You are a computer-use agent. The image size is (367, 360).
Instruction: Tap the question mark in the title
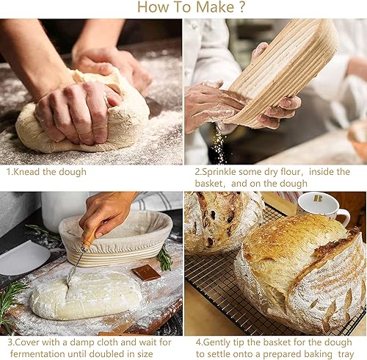click(x=241, y=7)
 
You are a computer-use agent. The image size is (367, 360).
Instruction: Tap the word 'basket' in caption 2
click(x=208, y=184)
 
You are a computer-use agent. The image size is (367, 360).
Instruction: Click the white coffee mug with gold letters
click(x=322, y=206)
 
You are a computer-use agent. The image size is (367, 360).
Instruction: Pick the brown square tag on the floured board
click(x=146, y=273)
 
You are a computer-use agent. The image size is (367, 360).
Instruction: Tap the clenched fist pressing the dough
click(x=76, y=112)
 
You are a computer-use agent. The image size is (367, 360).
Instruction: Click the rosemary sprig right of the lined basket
click(x=164, y=258)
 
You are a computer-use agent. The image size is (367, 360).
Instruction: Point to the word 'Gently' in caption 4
click(x=217, y=342)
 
